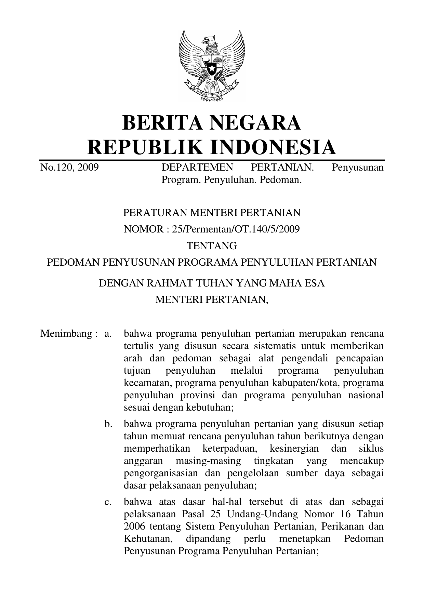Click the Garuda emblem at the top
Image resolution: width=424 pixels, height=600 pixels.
[x=212, y=66]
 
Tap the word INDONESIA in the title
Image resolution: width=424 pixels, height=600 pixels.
[x=273, y=147]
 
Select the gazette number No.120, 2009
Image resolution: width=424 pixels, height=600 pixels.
[x=69, y=168]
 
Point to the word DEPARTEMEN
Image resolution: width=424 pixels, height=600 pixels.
[x=197, y=168]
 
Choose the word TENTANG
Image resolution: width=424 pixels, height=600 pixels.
[x=212, y=245]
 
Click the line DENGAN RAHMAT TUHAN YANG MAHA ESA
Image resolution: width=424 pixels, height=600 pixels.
[x=212, y=283]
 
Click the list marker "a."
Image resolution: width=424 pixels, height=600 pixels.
[x=108, y=333]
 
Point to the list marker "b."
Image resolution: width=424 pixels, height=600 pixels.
[x=108, y=424]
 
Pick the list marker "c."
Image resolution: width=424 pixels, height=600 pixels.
[x=108, y=502]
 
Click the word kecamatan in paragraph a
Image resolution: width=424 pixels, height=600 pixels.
[x=148, y=383]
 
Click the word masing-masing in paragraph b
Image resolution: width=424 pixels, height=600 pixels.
[x=208, y=461]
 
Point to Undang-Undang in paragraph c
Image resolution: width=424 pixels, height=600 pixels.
[x=261, y=514]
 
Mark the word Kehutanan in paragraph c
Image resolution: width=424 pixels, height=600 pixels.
[x=147, y=539]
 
